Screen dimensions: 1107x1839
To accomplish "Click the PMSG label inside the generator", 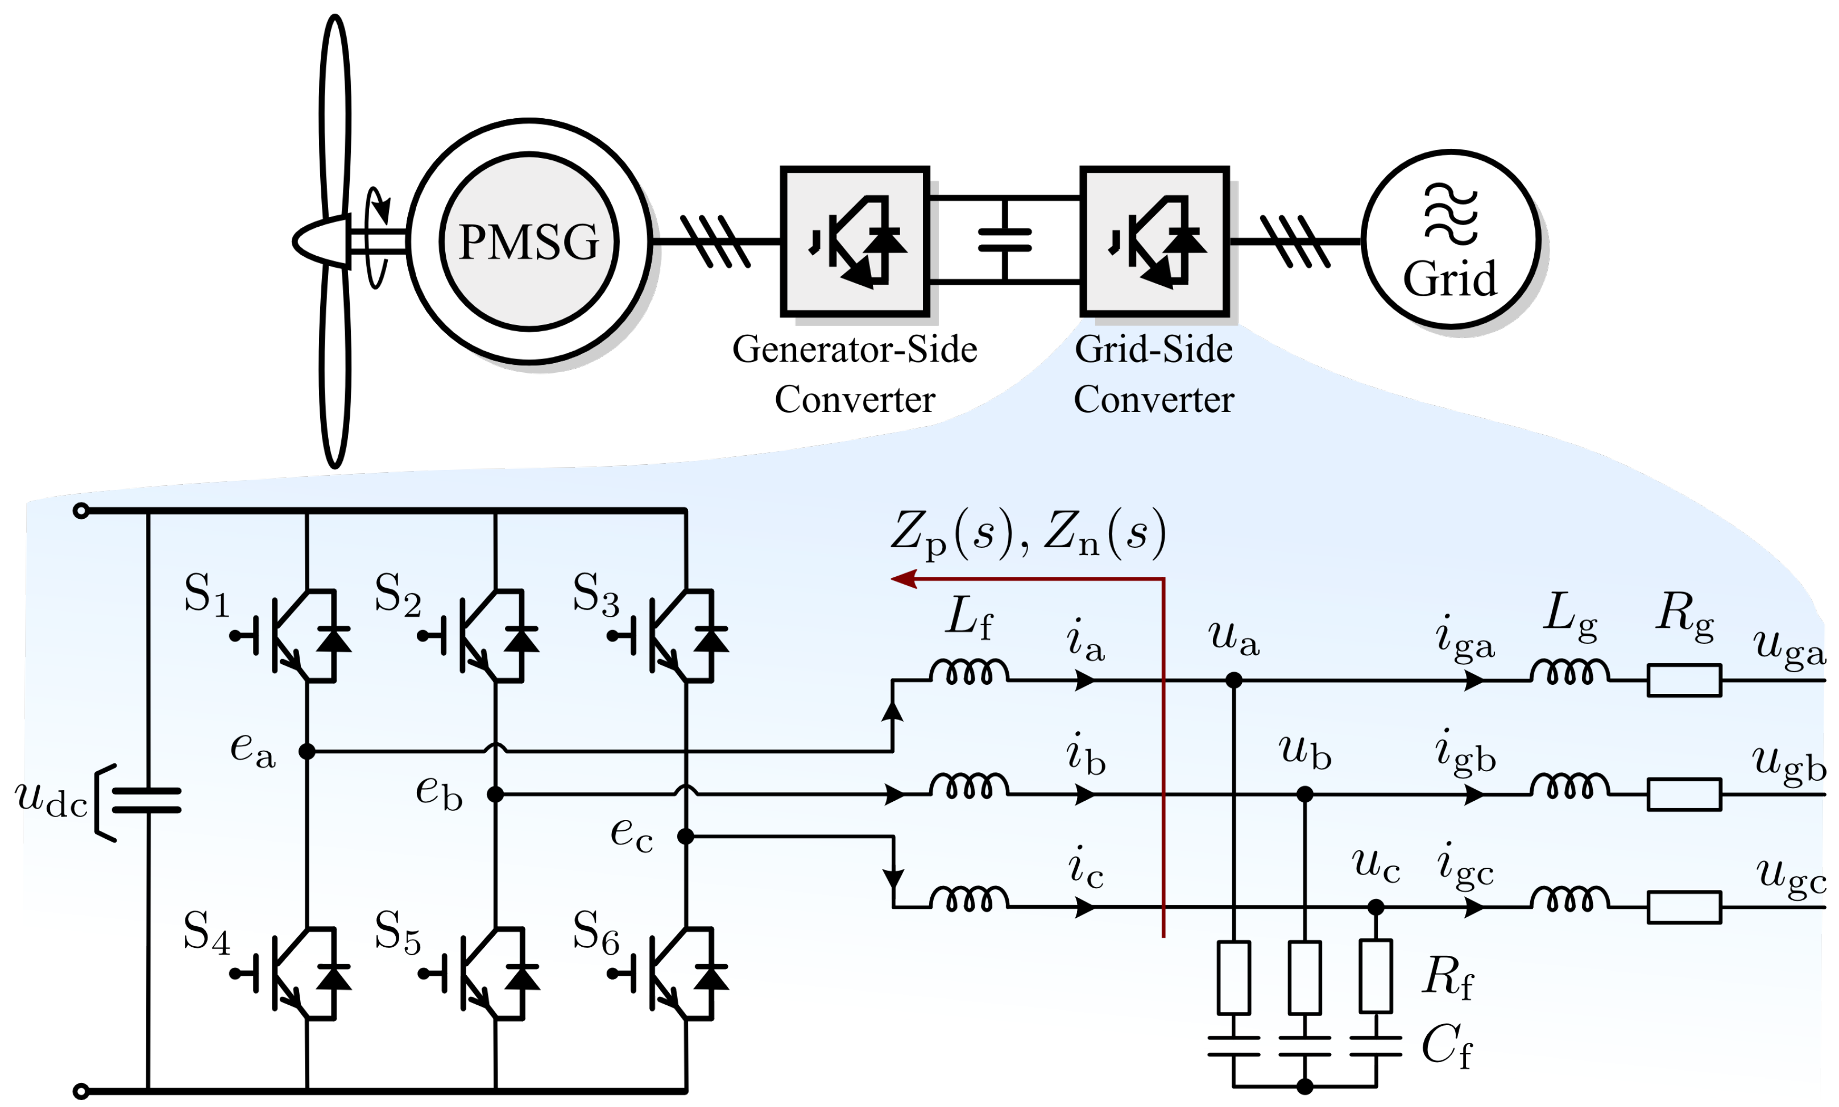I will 528,242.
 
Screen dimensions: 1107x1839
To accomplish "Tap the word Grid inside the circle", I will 1449,279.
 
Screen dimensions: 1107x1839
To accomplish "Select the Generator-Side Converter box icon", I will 855,241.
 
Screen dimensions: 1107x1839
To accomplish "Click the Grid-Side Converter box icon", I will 1154,241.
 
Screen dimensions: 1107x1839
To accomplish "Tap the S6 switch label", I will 595,933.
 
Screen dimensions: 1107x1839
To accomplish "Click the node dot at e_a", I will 306,751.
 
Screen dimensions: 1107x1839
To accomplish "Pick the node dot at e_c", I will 685,837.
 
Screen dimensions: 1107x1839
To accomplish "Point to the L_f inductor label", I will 969,618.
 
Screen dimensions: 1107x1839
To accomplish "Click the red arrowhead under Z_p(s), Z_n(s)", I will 903,579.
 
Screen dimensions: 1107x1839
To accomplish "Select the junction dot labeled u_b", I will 1304,794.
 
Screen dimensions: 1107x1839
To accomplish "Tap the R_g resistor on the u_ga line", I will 1684,680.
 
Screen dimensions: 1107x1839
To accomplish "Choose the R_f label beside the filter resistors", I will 1448,977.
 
